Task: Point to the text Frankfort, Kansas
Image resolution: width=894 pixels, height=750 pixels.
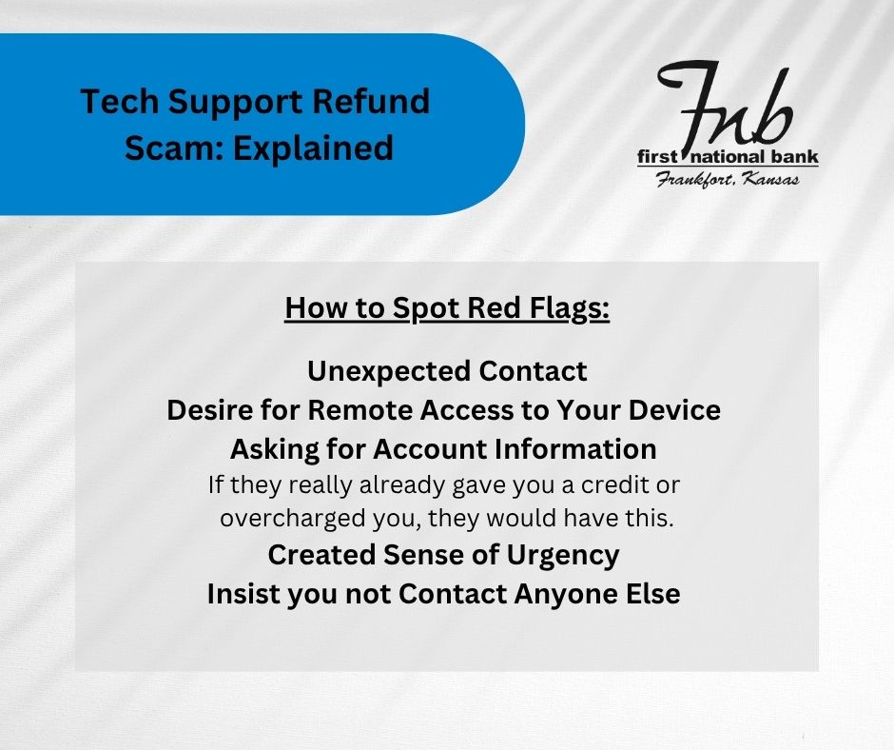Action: click(728, 179)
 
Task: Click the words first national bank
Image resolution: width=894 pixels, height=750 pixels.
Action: click(729, 157)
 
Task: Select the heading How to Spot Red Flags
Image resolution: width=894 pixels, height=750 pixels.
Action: click(447, 308)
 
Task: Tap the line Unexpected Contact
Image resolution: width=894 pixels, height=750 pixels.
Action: click(447, 371)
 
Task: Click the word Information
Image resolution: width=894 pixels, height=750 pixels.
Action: click(575, 448)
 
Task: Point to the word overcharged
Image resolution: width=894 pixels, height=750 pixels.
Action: click(293, 519)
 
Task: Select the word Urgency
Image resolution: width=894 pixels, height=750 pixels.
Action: click(563, 556)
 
